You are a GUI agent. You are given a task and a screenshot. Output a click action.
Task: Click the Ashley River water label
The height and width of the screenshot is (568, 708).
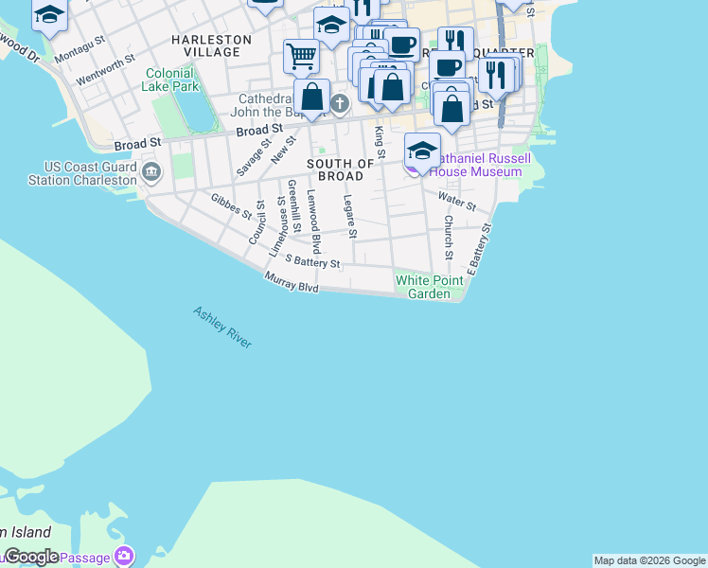coord(222,327)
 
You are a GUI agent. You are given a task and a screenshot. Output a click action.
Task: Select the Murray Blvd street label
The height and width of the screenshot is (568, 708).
coord(292,282)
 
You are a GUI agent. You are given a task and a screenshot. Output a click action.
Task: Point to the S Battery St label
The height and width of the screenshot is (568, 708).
coord(311,262)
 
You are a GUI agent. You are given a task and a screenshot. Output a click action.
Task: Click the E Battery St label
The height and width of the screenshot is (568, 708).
coord(480,249)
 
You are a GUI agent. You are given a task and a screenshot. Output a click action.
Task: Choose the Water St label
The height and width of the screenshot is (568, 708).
coord(456,201)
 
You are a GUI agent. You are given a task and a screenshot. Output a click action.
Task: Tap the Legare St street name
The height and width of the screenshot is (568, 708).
coord(349,216)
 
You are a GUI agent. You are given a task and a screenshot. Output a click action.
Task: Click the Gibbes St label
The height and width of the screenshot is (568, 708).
coord(231,205)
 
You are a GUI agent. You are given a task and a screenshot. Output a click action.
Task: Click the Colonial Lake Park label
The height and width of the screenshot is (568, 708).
coord(172,80)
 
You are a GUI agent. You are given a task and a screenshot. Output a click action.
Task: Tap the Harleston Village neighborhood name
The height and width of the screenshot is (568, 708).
coord(211,45)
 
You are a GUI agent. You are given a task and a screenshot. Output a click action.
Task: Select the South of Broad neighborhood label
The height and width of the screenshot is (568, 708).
coord(335,170)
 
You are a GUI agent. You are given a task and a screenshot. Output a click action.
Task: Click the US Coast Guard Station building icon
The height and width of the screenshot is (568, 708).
coord(152,172)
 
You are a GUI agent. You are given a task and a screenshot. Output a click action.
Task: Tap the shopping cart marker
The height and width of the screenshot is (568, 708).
coord(301,56)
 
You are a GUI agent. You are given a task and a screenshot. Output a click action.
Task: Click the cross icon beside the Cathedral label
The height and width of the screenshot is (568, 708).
coord(340,103)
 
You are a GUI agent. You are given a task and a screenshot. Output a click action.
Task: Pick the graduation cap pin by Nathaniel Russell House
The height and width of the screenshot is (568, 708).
coord(421,150)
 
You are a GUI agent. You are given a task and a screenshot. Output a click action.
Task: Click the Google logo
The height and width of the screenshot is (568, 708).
coord(30,557)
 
